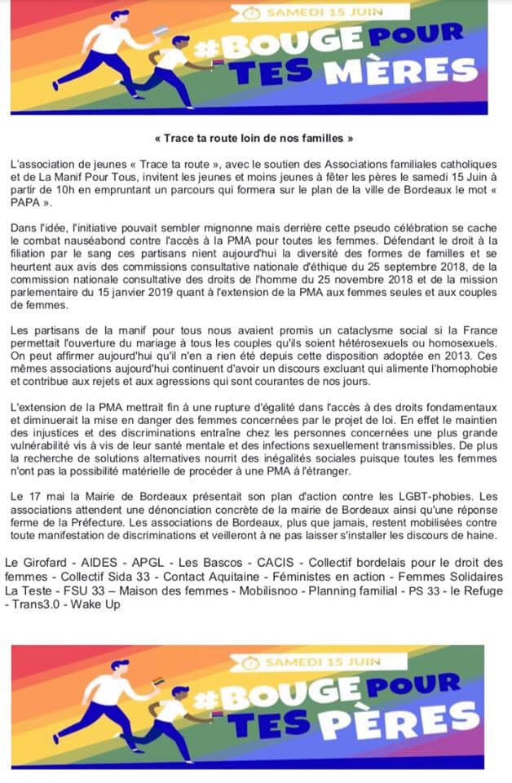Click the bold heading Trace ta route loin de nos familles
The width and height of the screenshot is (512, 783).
254,139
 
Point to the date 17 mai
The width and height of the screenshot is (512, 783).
44,494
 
